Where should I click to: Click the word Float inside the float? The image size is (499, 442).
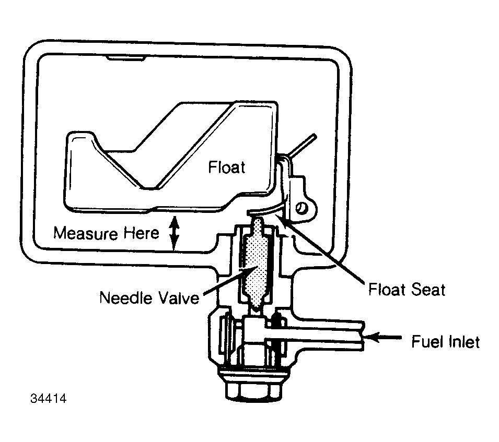(227, 167)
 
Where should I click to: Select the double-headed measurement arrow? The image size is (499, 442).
(174, 233)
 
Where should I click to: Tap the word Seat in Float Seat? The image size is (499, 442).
(428, 290)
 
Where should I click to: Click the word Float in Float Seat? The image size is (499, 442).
(387, 290)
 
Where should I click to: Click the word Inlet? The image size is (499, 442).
(463, 342)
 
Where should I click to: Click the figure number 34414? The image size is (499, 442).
(49, 398)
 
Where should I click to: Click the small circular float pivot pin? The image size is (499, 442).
(301, 208)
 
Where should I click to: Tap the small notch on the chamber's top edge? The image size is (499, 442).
(126, 58)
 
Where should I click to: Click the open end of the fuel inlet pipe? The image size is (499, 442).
(363, 335)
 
